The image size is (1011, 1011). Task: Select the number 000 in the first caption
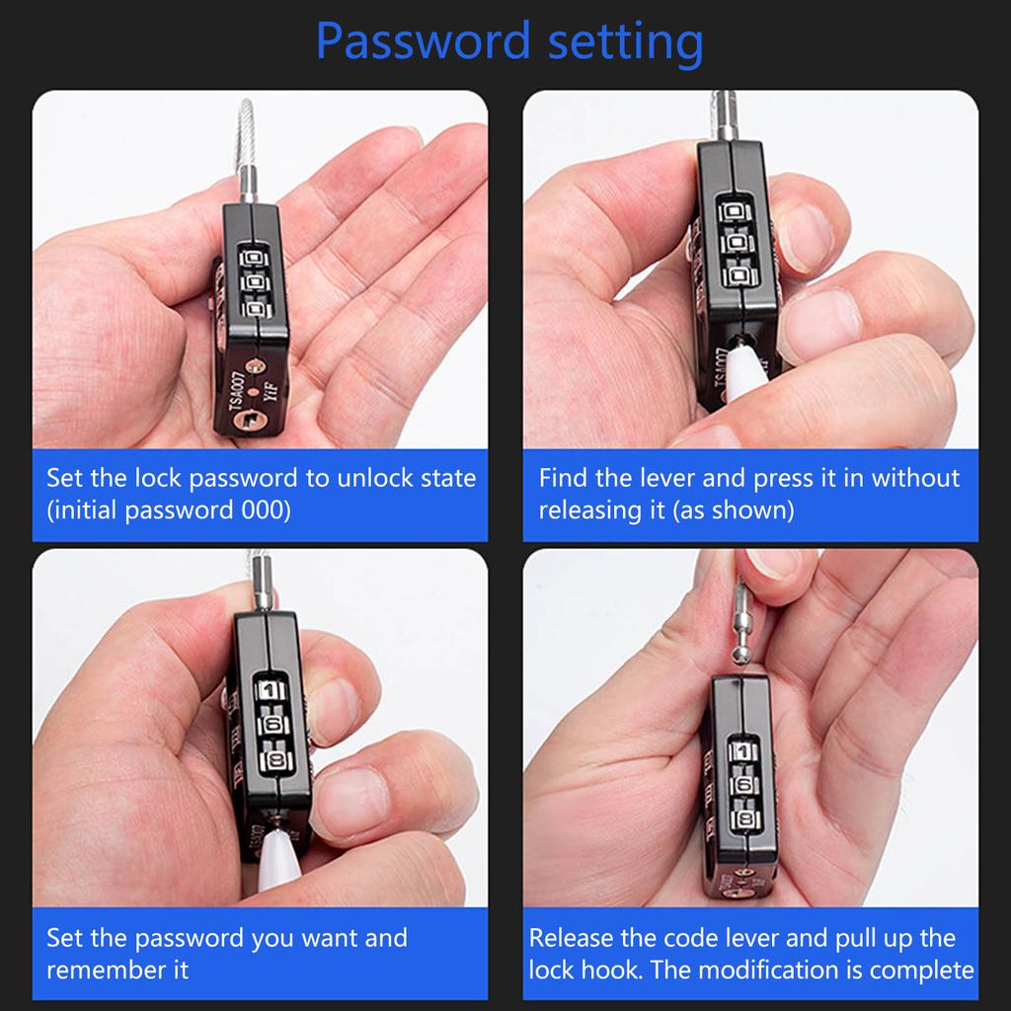[266, 511]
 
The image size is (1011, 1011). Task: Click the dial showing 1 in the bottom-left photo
[272, 690]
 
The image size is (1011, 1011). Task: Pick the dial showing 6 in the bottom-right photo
[744, 786]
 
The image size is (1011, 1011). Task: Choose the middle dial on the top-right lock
[737, 242]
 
